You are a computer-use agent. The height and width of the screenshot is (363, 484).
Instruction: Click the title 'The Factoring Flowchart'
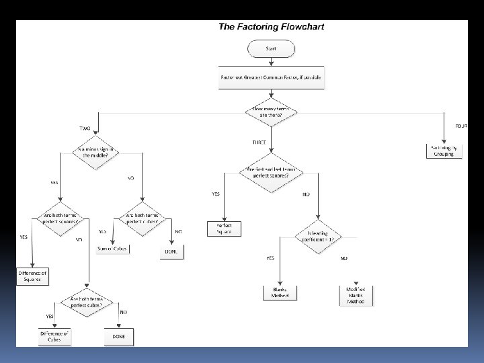(x=270, y=28)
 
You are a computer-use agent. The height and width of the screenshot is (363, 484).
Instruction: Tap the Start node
(x=271, y=48)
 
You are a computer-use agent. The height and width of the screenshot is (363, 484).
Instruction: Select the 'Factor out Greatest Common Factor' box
(x=271, y=77)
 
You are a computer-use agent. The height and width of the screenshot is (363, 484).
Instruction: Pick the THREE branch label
(x=259, y=143)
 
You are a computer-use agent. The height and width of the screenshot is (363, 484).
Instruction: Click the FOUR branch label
(x=460, y=126)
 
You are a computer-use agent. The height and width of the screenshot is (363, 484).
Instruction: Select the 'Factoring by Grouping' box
(x=443, y=151)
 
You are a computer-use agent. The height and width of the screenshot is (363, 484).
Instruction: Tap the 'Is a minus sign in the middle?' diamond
(x=97, y=153)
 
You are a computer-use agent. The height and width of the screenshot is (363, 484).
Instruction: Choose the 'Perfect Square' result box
(x=223, y=229)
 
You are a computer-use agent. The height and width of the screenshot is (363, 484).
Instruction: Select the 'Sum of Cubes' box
(x=112, y=248)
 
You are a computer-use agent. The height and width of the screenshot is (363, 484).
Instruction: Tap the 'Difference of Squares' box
(x=33, y=276)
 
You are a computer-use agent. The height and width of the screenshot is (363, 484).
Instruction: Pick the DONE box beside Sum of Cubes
(x=171, y=251)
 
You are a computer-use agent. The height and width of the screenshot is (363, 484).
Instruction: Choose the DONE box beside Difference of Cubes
(x=119, y=335)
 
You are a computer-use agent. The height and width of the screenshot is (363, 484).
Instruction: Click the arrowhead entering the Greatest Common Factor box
(x=271, y=65)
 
